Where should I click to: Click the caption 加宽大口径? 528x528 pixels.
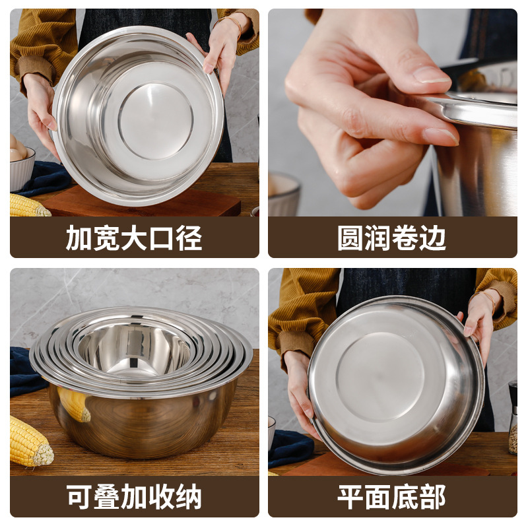click(134, 238)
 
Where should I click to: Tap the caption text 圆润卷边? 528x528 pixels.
click(392, 238)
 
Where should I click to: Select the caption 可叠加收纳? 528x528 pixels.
click(134, 497)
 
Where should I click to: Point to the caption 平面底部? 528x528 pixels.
click(392, 497)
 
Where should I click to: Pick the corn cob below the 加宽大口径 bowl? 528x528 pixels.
click(28, 207)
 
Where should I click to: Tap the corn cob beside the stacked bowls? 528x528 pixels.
click(30, 442)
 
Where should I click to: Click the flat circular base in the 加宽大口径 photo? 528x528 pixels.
click(156, 120)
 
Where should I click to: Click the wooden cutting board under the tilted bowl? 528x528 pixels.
click(142, 205)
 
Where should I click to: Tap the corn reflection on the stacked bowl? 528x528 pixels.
click(74, 403)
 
